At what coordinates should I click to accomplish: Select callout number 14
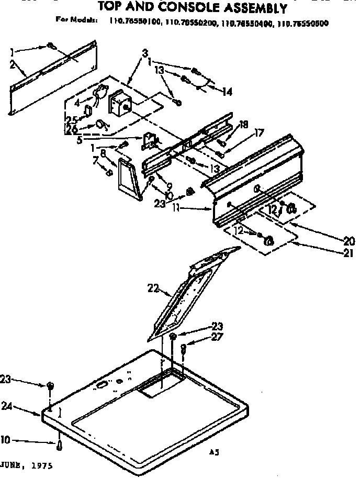click(x=227, y=92)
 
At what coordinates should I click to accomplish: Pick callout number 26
click(x=71, y=129)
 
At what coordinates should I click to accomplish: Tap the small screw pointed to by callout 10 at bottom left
click(x=60, y=445)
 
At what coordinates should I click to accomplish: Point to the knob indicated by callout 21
click(x=269, y=241)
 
